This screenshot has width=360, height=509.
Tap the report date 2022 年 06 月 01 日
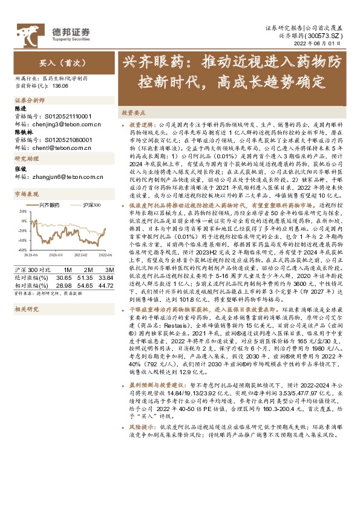click(322, 45)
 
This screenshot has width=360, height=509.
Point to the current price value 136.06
click(61, 86)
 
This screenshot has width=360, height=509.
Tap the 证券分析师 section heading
click(30, 100)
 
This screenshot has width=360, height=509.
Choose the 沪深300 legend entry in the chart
click(90, 206)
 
